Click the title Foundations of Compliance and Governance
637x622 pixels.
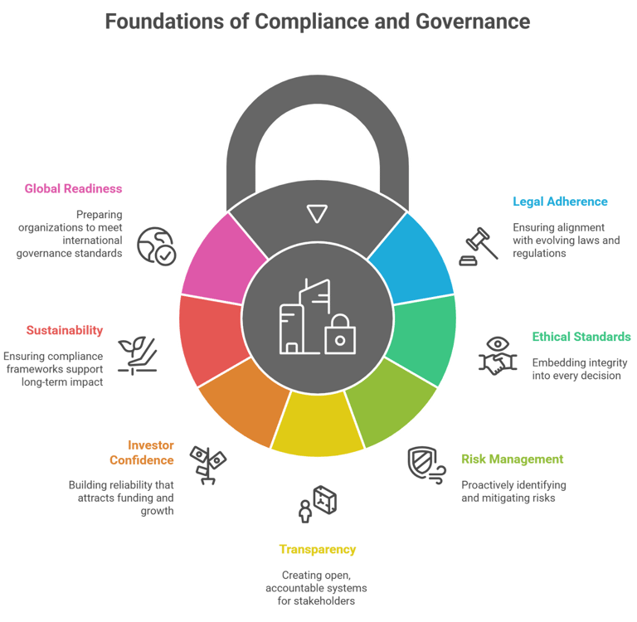point(318,21)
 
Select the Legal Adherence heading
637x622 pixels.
point(560,202)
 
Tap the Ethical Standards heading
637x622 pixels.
point(581,338)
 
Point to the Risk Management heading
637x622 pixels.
point(513,459)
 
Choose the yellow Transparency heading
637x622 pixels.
point(318,549)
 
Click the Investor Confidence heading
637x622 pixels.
point(141,452)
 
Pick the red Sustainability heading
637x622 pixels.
point(64,330)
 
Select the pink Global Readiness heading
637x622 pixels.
point(73,189)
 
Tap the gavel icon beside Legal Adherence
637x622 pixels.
point(479,245)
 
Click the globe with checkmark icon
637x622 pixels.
point(157,246)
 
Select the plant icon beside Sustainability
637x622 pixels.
point(138,355)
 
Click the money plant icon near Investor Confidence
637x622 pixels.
point(207,464)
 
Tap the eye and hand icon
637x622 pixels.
point(497,355)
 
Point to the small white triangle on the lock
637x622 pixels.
point(316,214)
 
